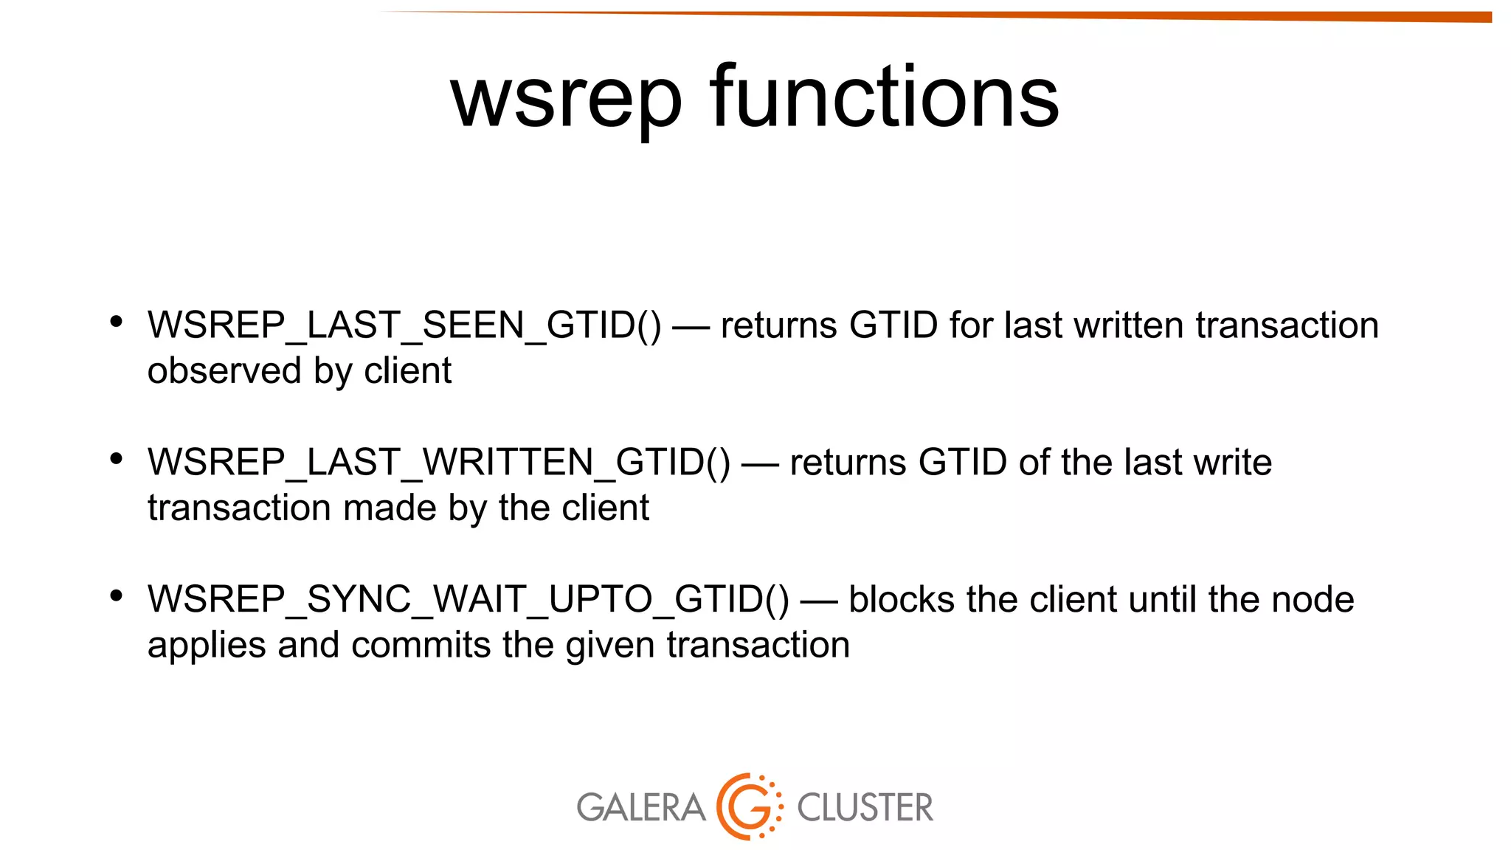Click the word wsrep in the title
tap(566, 100)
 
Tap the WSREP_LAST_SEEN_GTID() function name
tap(404, 325)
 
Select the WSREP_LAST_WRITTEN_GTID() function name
tap(439, 463)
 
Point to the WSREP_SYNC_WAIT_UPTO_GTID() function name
tap(468, 599)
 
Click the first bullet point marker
tap(116, 322)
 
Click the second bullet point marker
tap(116, 459)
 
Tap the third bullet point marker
tap(116, 595)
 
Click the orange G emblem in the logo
tap(749, 806)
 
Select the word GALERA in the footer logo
tap(640, 807)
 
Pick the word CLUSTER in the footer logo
tap(865, 807)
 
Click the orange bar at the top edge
tap(1107, 15)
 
